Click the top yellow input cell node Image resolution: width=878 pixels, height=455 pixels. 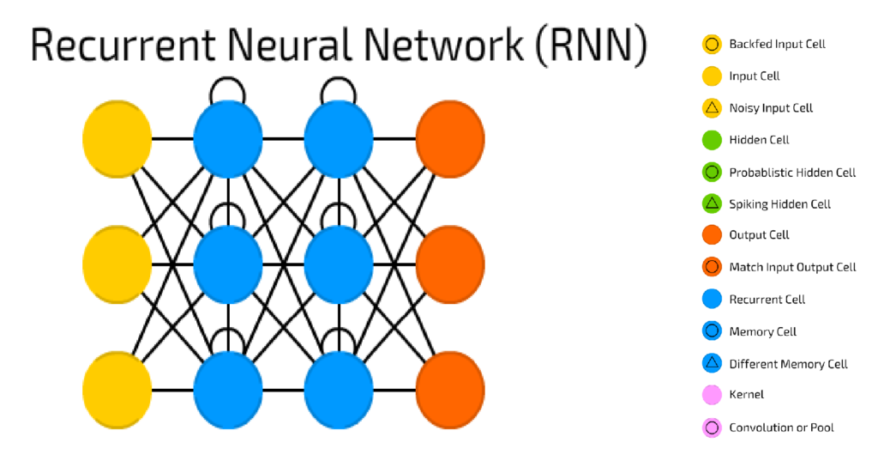tap(117, 138)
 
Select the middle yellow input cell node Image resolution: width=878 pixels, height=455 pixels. tap(117, 263)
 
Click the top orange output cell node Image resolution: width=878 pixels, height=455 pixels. tap(449, 138)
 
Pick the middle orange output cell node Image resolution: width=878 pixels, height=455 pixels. tap(449, 263)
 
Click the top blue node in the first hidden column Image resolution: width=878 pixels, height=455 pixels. tap(227, 138)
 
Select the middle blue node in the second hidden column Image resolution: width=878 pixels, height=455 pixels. tap(339, 263)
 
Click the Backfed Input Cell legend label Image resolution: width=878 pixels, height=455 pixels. tap(777, 44)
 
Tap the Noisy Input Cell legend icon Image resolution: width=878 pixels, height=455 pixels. tap(711, 108)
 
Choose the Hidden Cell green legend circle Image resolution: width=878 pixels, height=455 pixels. tap(711, 140)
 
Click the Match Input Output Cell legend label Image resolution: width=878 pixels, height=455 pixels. tap(792, 267)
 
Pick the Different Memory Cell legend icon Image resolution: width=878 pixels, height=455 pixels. tap(711, 363)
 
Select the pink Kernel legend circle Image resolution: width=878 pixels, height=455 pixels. tap(711, 395)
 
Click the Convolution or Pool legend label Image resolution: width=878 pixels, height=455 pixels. tap(781, 428)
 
